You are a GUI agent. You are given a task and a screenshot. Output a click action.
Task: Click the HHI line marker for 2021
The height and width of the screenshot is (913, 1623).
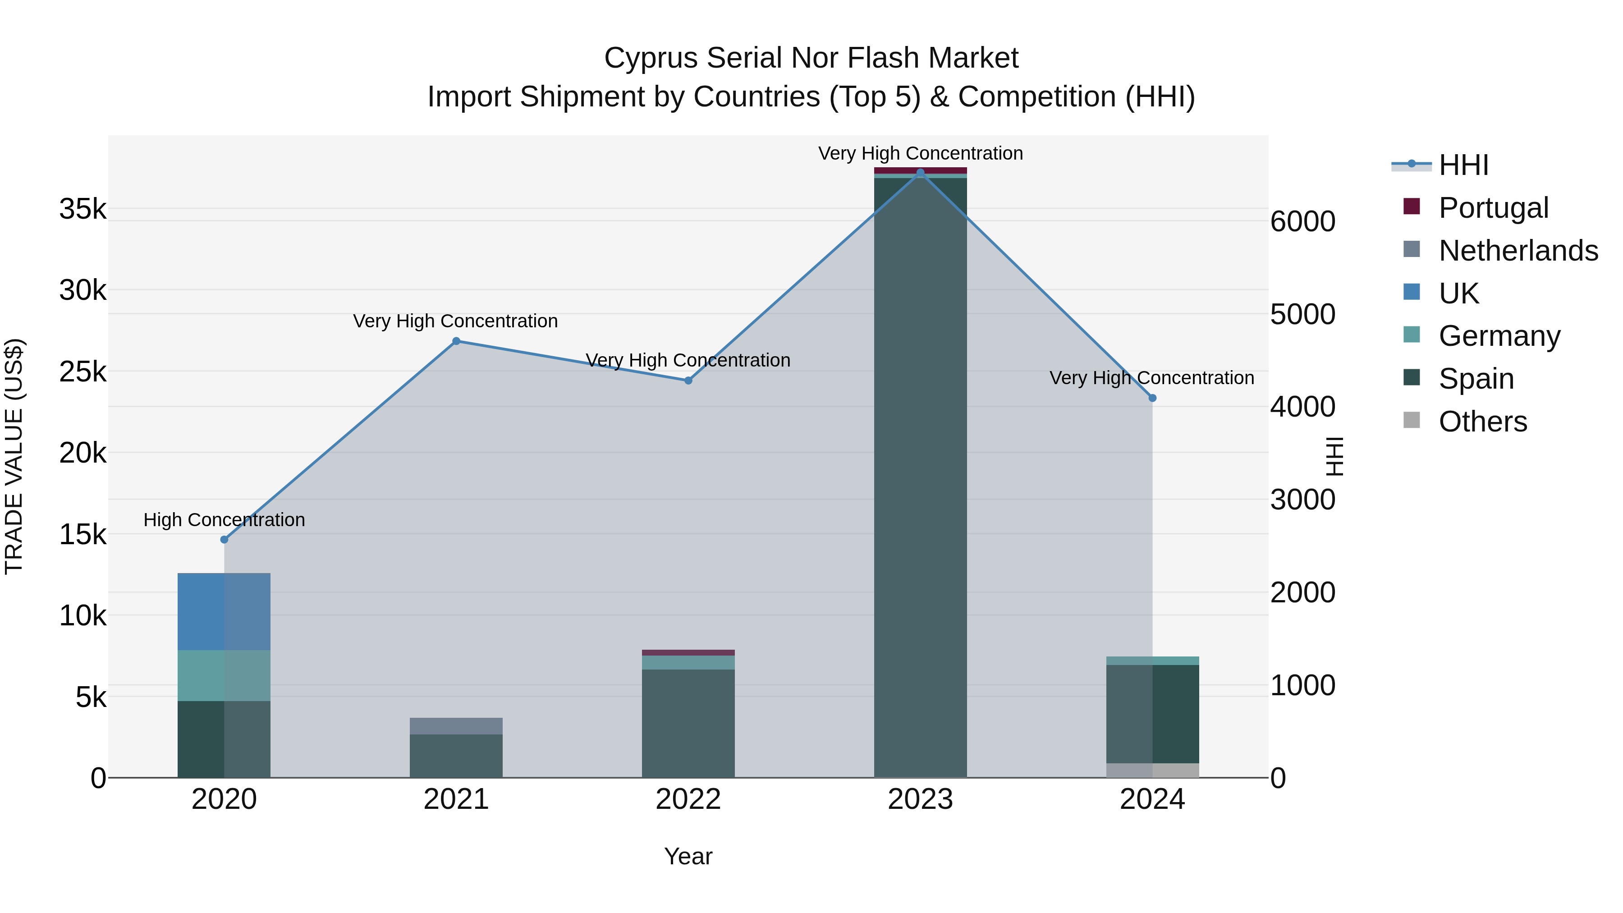pos(456,341)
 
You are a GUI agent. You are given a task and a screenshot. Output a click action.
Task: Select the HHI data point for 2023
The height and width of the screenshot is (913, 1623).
pos(920,173)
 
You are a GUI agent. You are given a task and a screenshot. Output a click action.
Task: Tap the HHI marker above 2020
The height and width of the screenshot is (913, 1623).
pos(225,539)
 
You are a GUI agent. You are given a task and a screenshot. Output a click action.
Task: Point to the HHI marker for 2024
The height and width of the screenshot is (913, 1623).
pos(1152,398)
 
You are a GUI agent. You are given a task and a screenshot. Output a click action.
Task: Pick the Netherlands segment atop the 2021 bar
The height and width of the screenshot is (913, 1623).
pos(456,726)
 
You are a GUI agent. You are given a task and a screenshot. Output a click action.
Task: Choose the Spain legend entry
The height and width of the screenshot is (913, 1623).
pos(1476,379)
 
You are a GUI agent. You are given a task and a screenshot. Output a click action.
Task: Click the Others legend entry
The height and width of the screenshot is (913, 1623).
pos(1482,422)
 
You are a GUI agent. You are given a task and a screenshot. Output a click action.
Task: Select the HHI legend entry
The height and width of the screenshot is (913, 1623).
pos(1463,165)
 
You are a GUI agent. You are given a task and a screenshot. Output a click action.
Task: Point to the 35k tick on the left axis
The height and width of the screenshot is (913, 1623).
pos(83,209)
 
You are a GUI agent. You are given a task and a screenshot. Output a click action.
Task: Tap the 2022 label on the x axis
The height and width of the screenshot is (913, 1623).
pos(688,799)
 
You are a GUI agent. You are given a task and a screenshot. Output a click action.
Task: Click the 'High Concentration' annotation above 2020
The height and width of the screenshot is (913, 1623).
pos(225,520)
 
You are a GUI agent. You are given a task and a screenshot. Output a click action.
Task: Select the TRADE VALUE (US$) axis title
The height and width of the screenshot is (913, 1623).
pos(14,456)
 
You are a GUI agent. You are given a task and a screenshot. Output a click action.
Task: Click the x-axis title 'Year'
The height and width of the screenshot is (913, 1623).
pos(688,856)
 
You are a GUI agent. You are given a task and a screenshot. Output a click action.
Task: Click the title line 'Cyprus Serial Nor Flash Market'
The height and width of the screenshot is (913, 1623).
pos(811,58)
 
